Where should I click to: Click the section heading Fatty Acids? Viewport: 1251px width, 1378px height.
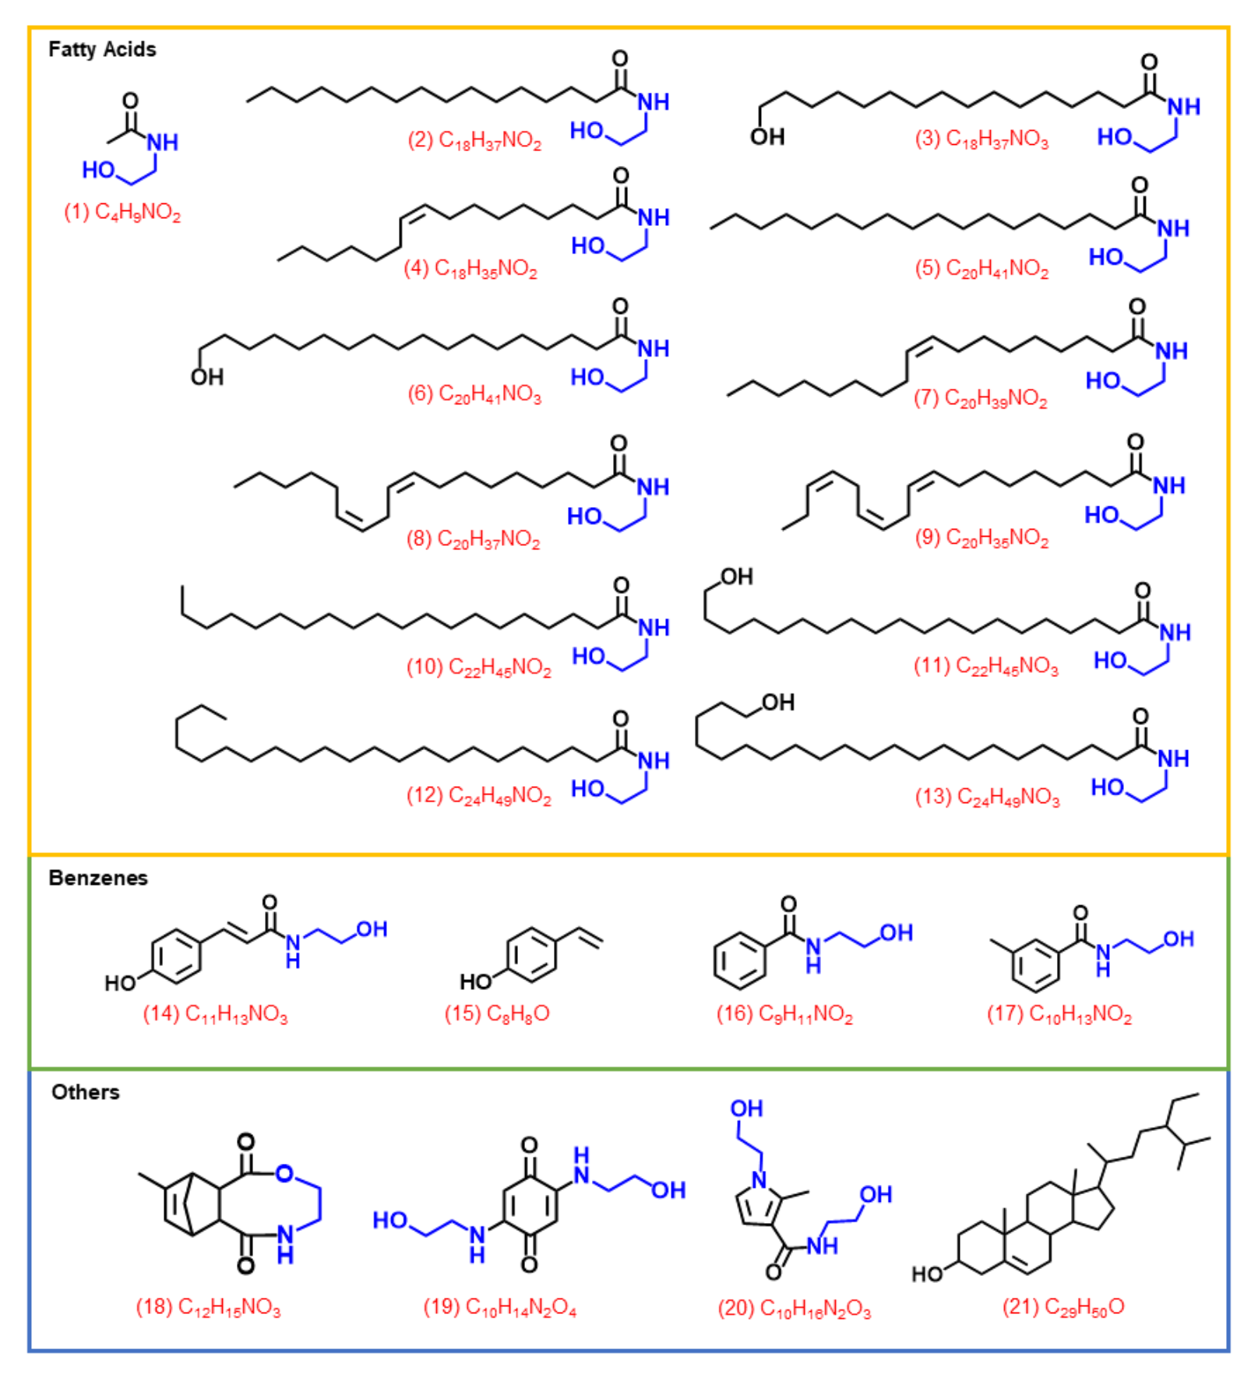[x=102, y=50]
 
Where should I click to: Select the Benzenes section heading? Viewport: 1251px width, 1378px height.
[x=98, y=878]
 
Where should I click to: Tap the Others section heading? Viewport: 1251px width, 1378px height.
[x=86, y=1092]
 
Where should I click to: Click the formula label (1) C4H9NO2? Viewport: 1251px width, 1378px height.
[x=122, y=212]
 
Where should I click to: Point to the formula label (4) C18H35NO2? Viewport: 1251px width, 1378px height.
[x=470, y=269]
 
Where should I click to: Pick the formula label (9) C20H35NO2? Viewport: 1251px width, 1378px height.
[x=981, y=538]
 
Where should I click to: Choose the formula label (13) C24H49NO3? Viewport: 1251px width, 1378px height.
[x=987, y=797]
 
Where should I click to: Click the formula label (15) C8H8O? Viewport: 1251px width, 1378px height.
[x=497, y=1013]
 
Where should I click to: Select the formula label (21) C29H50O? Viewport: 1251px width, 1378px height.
[x=1063, y=1307]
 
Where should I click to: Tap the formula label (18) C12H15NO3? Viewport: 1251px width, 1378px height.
[x=208, y=1307]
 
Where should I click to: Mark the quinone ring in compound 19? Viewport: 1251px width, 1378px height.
[x=530, y=1205]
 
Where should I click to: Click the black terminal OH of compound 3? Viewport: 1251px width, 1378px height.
[x=767, y=137]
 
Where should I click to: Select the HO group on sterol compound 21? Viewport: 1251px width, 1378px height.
[x=928, y=1274]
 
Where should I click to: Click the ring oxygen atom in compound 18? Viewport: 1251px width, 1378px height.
[x=284, y=1173]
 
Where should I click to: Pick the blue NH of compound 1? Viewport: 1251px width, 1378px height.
[x=163, y=143]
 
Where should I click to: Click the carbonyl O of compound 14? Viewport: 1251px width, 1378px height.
[x=270, y=902]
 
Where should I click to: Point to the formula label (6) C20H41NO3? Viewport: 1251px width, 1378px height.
[x=474, y=394]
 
